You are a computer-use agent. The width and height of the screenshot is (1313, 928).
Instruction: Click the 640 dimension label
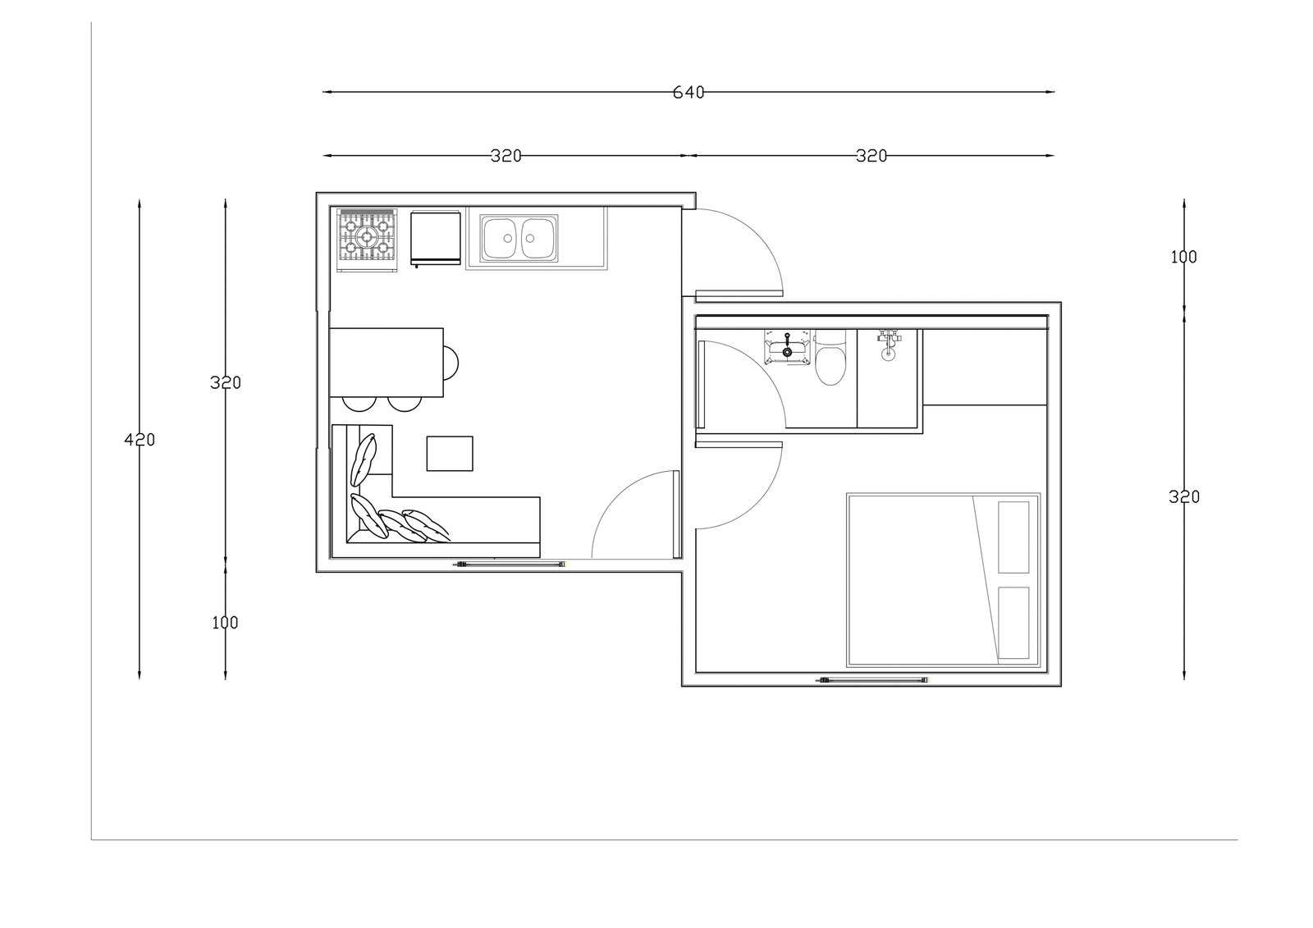(x=689, y=93)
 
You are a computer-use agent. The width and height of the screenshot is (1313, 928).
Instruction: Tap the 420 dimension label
(x=140, y=440)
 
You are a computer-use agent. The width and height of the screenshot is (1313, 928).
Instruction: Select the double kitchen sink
(x=519, y=238)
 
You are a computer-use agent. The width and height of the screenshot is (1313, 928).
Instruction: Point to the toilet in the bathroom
(x=830, y=358)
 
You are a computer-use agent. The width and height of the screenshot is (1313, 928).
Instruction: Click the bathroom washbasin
(x=787, y=347)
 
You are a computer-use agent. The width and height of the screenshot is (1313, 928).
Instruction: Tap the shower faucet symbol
(x=889, y=345)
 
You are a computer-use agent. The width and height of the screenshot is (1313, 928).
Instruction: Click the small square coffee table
(x=450, y=453)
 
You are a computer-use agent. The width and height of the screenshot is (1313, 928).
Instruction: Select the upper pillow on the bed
(x=1013, y=537)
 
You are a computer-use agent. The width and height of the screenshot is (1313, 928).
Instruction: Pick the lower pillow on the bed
(x=1013, y=623)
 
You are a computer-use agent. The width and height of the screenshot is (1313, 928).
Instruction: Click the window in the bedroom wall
(x=872, y=680)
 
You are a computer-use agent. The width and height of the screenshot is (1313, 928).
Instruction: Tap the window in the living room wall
(x=510, y=564)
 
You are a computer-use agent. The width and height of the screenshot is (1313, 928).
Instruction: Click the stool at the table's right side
(x=451, y=363)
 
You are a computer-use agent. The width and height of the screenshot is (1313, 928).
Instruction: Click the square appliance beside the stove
(x=436, y=238)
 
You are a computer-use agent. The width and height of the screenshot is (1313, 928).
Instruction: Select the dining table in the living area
(x=387, y=363)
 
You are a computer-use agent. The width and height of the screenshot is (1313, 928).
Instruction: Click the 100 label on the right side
(x=1183, y=258)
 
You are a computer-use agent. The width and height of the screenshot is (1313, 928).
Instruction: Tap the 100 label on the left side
(x=225, y=623)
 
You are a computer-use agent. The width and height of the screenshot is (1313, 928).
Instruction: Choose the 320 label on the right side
(x=1184, y=497)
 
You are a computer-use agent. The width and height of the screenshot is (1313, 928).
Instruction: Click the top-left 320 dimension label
(x=506, y=156)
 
